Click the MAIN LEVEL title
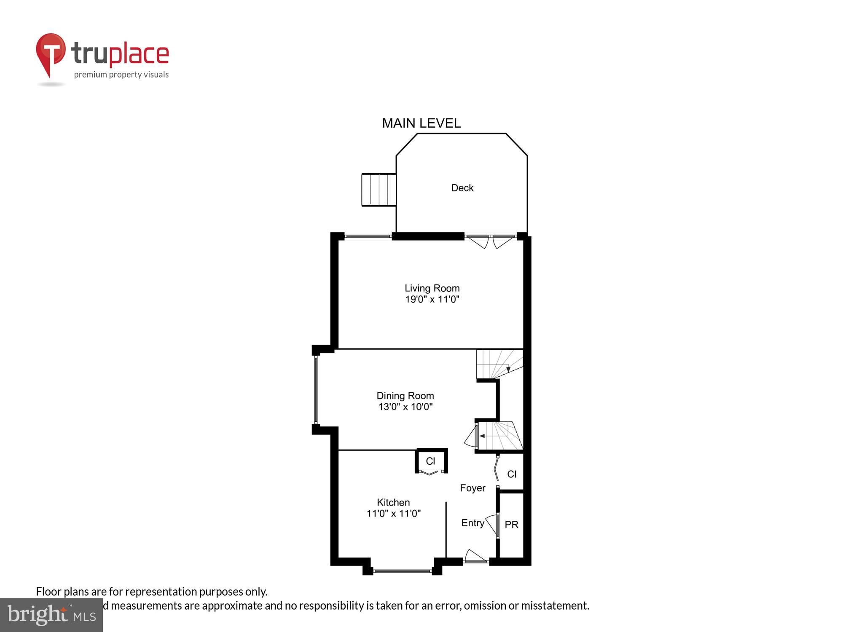pyautogui.click(x=421, y=123)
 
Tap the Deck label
pyautogui.click(x=462, y=188)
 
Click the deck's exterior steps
pyautogui.click(x=379, y=190)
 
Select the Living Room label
pyautogui.click(x=432, y=288)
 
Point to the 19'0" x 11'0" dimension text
pyautogui.click(x=432, y=300)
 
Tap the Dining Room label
pyautogui.click(x=405, y=396)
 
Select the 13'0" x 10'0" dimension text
pyautogui.click(x=405, y=407)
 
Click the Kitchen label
pyautogui.click(x=393, y=502)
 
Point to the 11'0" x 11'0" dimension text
pyautogui.click(x=393, y=514)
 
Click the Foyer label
pyautogui.click(x=473, y=488)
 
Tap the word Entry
pyautogui.click(x=473, y=523)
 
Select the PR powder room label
pyautogui.click(x=511, y=525)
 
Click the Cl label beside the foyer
pyautogui.click(x=512, y=474)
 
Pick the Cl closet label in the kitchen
pyautogui.click(x=430, y=461)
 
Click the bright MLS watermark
pyautogui.click(x=51, y=615)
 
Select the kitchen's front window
pyautogui.click(x=402, y=571)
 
